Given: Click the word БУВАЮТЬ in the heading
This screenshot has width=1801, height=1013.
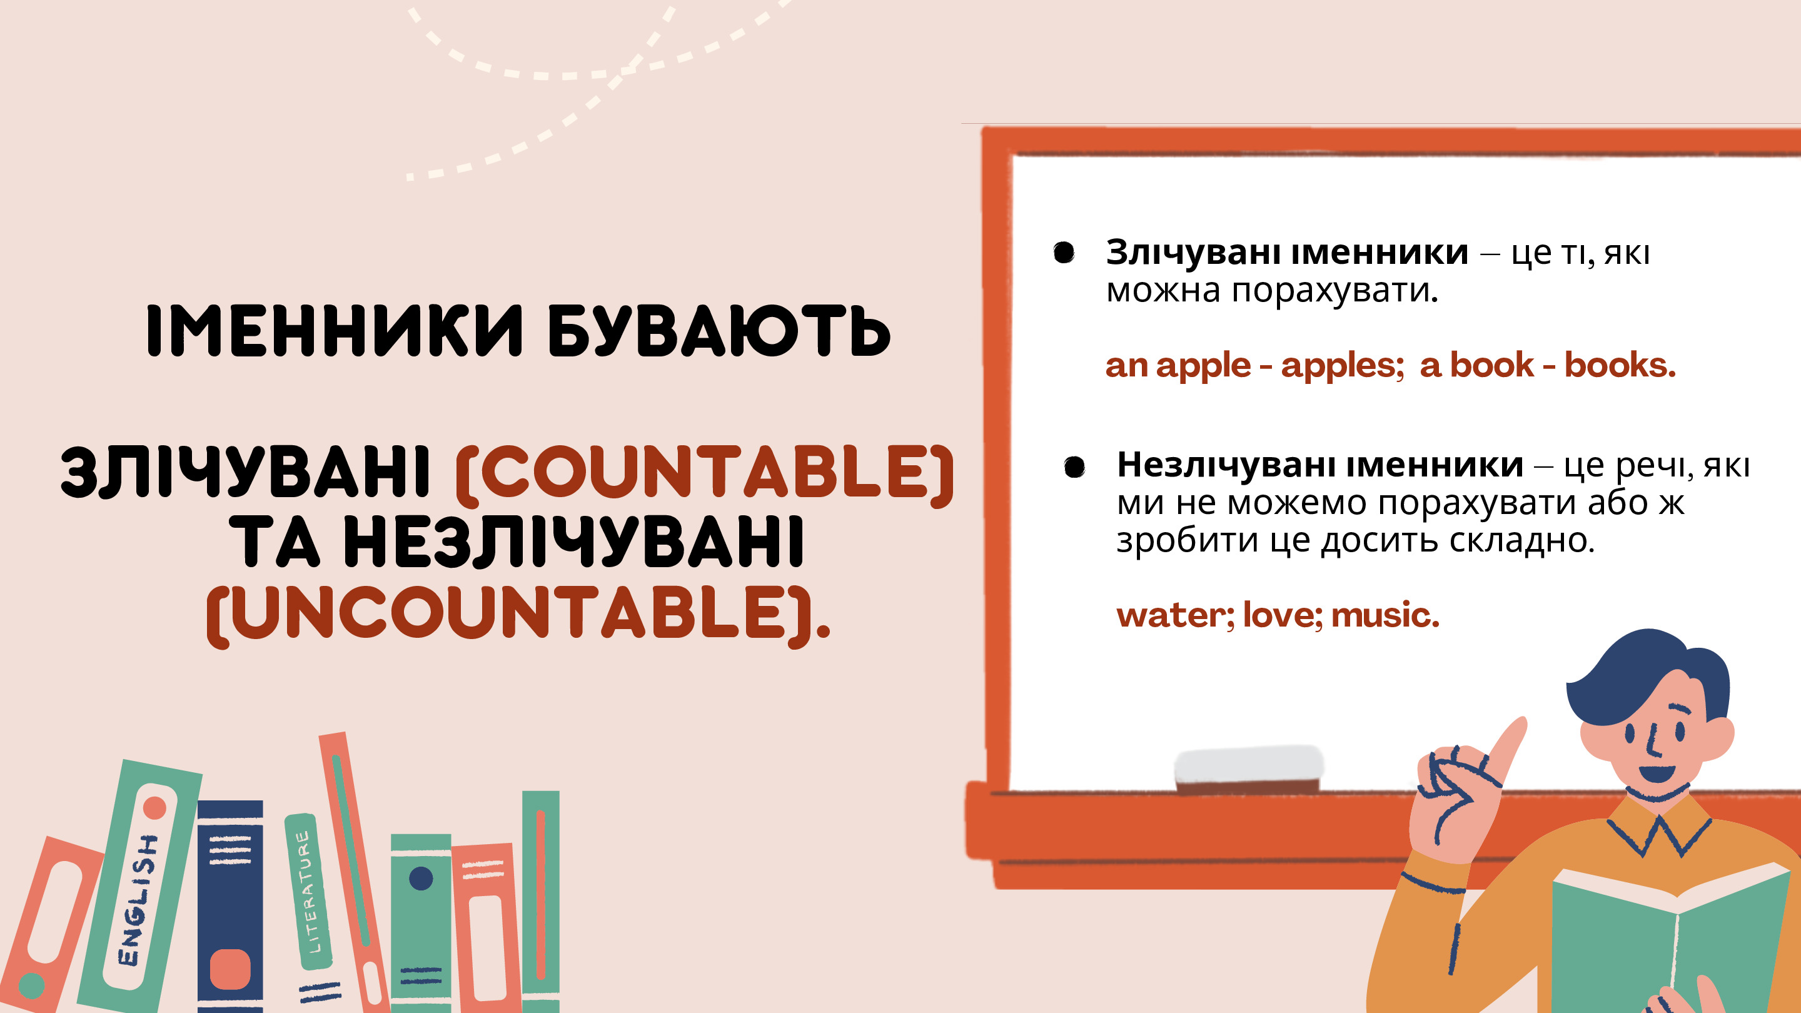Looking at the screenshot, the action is pyautogui.click(x=718, y=331).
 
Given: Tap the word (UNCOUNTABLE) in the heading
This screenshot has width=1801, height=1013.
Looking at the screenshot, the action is pyautogui.click(x=518, y=615).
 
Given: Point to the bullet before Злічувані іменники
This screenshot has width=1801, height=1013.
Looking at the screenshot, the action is pyautogui.click(x=1064, y=253).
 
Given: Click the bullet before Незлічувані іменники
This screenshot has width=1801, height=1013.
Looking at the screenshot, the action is pyautogui.click(x=1074, y=466).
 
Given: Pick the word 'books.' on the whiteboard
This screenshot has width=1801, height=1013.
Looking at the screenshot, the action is pyautogui.click(x=1620, y=365).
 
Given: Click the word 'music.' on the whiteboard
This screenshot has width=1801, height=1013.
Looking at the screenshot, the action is pyautogui.click(x=1385, y=615).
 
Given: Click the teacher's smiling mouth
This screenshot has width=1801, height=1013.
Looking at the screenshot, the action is pyautogui.click(x=1657, y=774).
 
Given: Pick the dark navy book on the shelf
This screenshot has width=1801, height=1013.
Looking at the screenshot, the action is pyautogui.click(x=230, y=906).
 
